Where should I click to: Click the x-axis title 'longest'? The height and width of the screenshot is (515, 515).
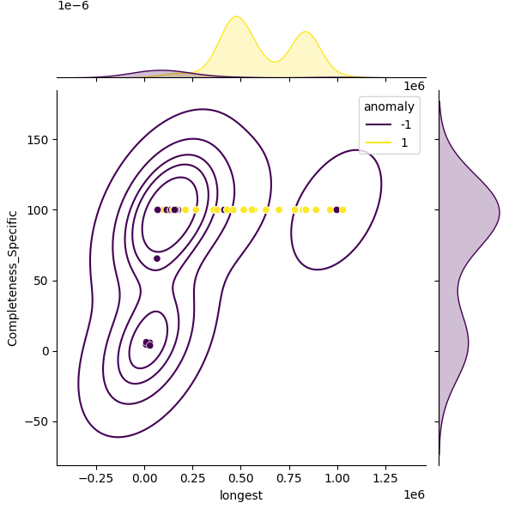click(x=241, y=495)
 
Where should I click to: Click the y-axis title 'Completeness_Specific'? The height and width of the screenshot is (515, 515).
click(x=13, y=277)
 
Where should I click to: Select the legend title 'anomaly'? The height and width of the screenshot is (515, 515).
click(x=389, y=106)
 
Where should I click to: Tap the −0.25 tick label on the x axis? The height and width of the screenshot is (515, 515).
click(x=96, y=479)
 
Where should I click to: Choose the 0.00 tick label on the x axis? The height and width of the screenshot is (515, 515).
click(x=145, y=479)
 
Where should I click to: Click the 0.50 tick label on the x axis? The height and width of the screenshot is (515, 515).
click(x=241, y=479)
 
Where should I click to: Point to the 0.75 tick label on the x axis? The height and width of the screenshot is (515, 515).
click(x=289, y=479)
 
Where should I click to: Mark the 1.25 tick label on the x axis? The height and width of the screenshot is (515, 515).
click(x=385, y=479)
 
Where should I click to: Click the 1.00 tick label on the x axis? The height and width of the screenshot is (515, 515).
click(x=337, y=479)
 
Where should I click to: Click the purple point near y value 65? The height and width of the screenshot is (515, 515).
click(x=157, y=258)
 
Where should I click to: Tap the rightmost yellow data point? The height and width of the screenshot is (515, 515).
click(x=343, y=209)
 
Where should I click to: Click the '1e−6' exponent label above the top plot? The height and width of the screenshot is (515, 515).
click(x=74, y=6)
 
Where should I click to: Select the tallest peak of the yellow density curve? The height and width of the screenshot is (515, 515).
click(x=236, y=16)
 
